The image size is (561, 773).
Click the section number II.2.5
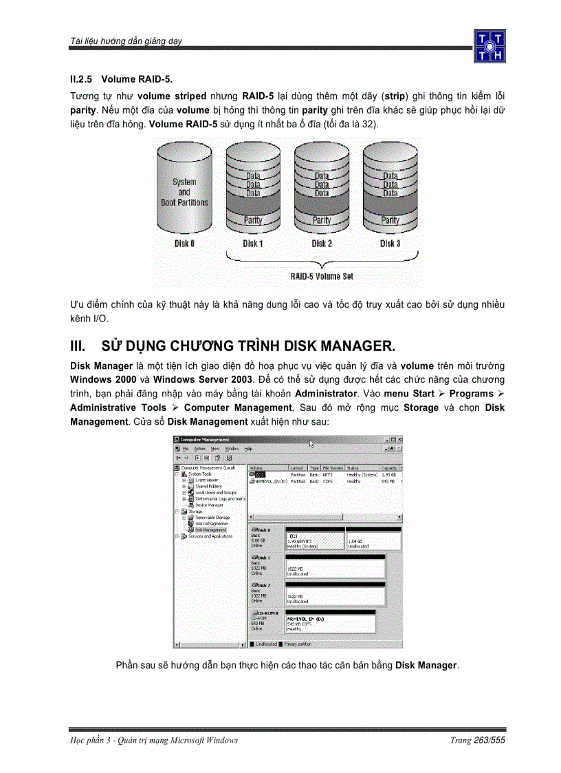point(85,79)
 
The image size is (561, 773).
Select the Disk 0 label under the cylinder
point(184,244)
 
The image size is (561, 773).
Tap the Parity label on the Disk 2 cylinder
point(322,220)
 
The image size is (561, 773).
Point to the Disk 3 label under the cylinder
point(390,244)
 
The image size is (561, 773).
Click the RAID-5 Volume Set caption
point(322,276)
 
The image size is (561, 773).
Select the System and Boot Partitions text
point(184,192)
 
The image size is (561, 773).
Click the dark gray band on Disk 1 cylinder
point(253,207)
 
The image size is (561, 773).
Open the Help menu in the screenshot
point(248,448)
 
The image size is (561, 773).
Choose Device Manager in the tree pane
point(209,505)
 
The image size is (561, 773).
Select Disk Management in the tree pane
point(210,530)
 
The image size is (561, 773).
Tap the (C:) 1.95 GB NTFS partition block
point(313,542)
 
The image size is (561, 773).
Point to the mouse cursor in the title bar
point(311,444)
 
